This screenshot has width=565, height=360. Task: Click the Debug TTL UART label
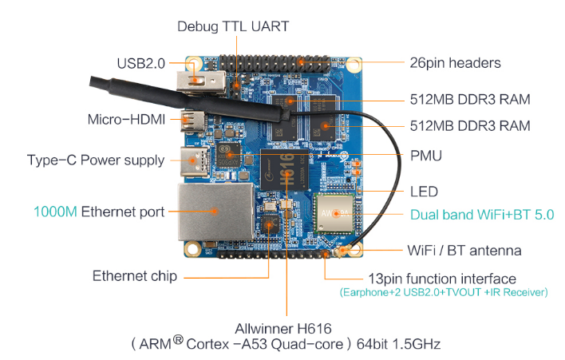(x=232, y=26)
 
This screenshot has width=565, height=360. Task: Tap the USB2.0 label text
(x=141, y=63)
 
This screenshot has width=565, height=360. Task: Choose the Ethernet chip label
(x=134, y=276)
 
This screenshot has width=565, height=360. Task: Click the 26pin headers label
(x=452, y=63)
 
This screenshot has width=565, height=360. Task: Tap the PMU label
(x=425, y=155)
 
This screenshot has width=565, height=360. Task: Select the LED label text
(x=423, y=192)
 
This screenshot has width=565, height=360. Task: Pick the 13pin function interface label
(x=441, y=279)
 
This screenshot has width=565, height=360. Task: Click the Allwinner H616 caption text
(x=283, y=328)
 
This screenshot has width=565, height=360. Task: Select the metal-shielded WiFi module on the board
(x=336, y=212)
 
